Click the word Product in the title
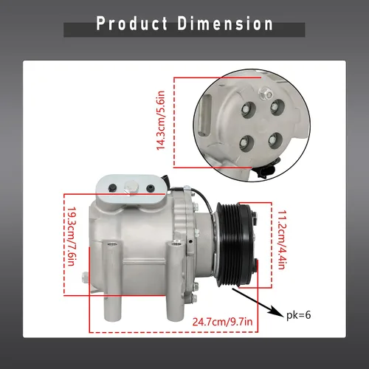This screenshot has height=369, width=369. [132, 24]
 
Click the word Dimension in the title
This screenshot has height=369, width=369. [225, 24]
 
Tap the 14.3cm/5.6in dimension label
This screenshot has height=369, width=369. [161, 120]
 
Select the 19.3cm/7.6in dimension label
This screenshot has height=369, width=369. [71, 236]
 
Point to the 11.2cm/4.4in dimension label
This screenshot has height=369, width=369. [282, 240]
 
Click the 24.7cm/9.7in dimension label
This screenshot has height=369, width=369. [222, 322]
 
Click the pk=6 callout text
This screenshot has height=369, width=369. [299, 315]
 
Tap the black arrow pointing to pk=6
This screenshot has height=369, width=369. [257, 303]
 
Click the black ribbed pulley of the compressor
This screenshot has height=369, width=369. [235, 244]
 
